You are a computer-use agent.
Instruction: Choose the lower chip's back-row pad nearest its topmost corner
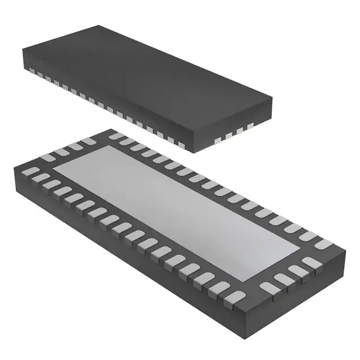(x=116, y=136)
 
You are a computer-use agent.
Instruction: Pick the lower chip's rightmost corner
(x=344, y=250)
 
